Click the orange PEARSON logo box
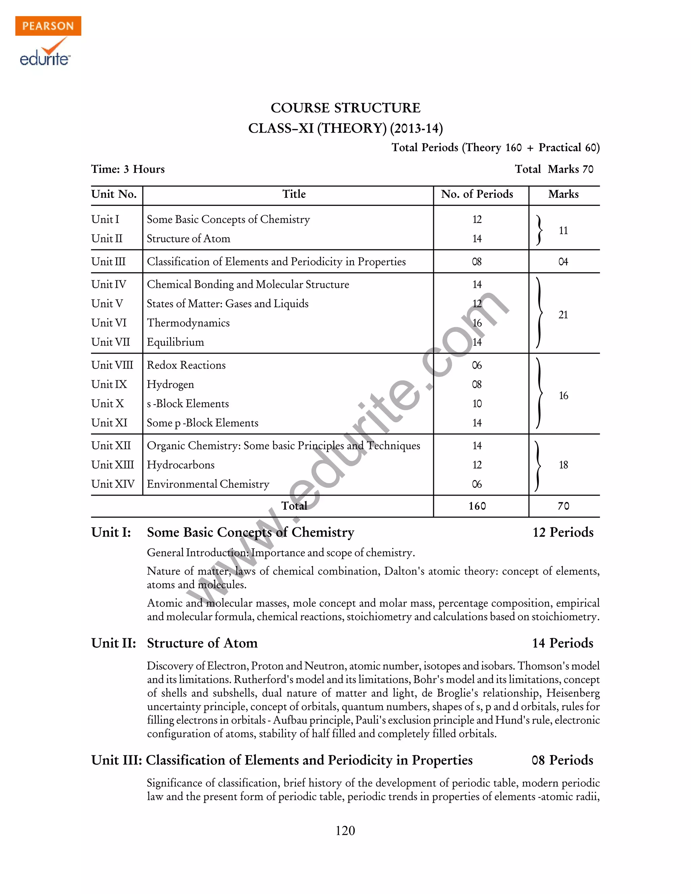tap(48, 26)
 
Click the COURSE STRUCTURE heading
tap(345, 108)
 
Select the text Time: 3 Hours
tap(128, 169)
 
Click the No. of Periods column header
tap(476, 194)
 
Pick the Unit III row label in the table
tap(109, 261)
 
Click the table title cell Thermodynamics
tap(188, 323)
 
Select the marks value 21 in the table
tap(563, 315)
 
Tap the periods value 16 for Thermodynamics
tap(477, 323)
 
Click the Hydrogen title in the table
tap(170, 384)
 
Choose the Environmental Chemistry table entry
tap(208, 484)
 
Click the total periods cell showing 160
tap(477, 506)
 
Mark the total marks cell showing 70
tap(563, 506)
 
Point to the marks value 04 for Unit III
tap(563, 261)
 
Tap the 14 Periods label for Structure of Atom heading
tap(562, 643)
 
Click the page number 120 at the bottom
tap(345, 831)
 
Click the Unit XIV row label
tap(113, 484)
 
